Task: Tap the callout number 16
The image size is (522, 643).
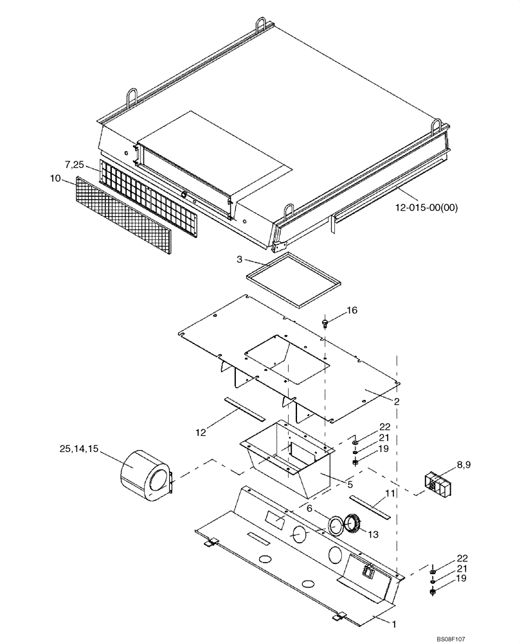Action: [x=352, y=311]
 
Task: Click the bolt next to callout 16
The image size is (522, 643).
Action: [x=325, y=321]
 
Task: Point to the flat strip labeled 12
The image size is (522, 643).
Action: [x=244, y=408]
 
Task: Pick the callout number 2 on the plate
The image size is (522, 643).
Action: [x=397, y=401]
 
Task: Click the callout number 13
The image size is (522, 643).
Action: [x=373, y=533]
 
